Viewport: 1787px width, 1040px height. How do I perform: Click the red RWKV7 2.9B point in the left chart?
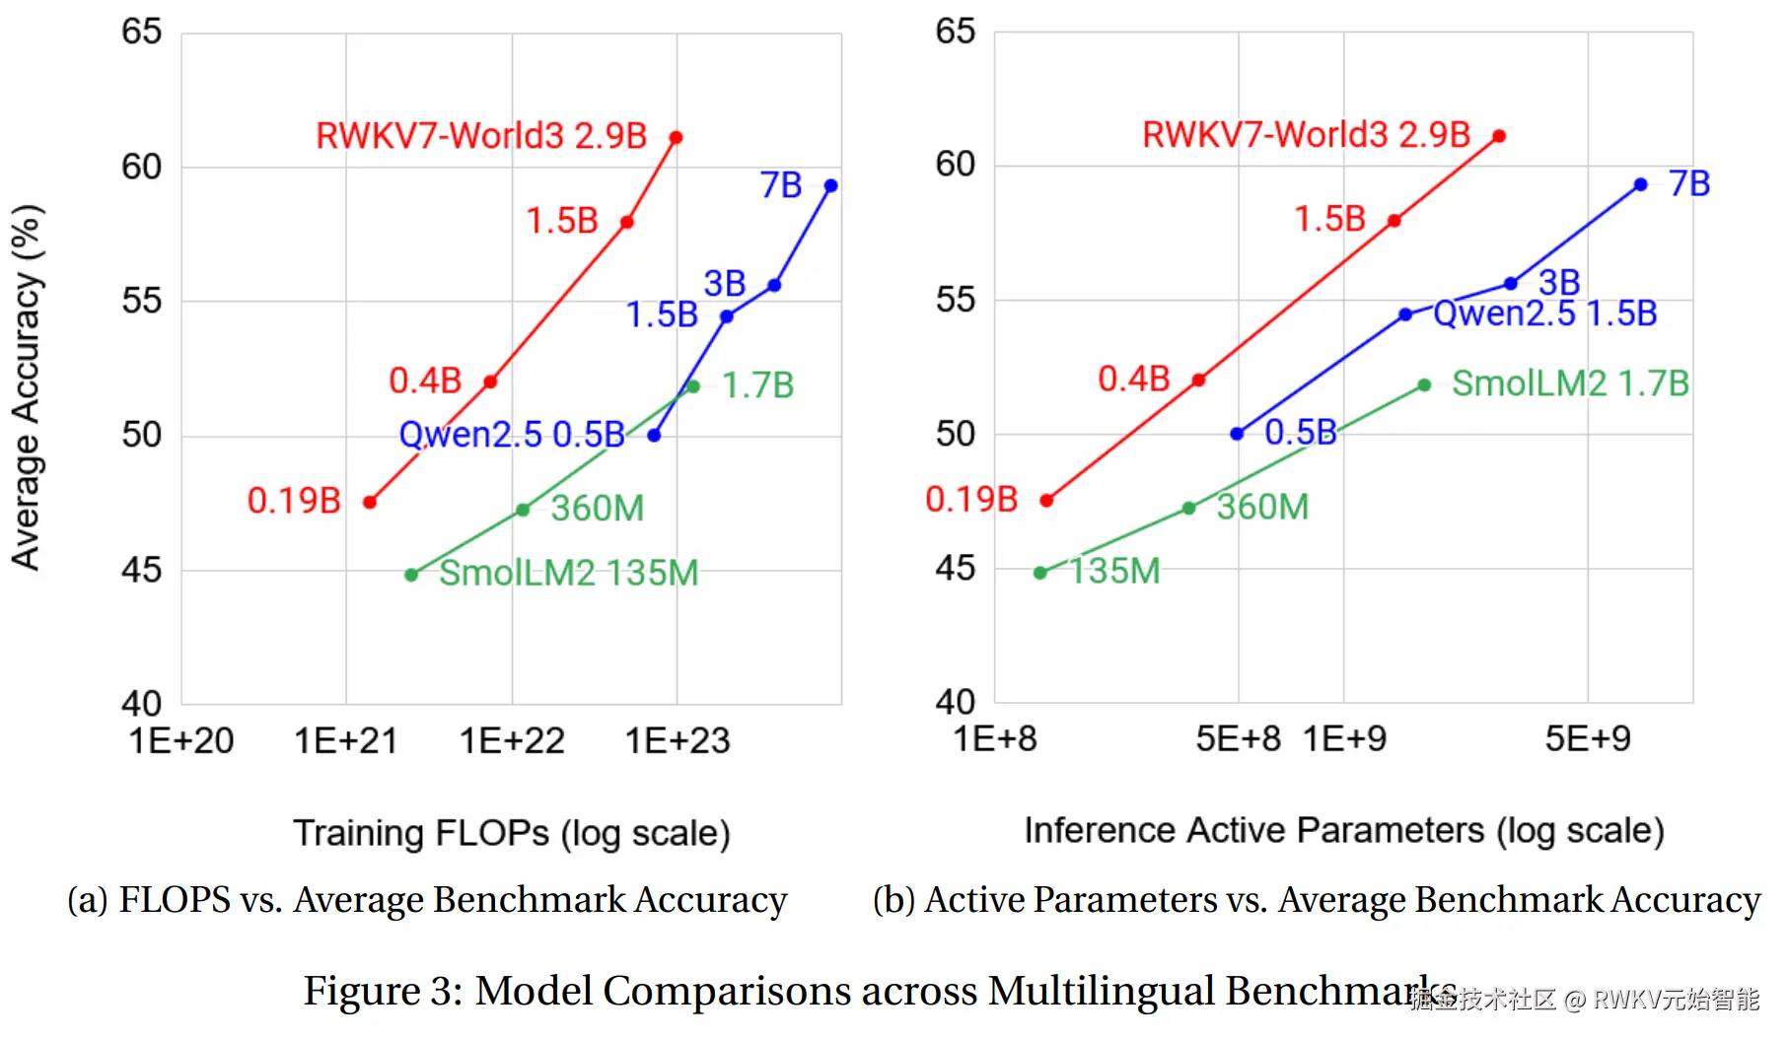(x=676, y=138)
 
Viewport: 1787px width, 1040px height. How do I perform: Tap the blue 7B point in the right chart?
(x=1640, y=184)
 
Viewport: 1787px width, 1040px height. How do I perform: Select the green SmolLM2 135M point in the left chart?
(x=411, y=575)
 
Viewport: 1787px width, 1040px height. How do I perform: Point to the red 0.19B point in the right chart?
(x=1046, y=501)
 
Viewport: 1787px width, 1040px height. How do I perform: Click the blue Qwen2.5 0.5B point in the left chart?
(x=654, y=435)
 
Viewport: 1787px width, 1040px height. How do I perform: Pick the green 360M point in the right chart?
(x=1189, y=509)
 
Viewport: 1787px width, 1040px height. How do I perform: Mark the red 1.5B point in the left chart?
(x=627, y=222)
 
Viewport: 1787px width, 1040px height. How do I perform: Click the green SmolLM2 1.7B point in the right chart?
(x=1424, y=385)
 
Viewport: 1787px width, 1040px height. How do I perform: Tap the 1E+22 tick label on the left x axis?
(x=512, y=741)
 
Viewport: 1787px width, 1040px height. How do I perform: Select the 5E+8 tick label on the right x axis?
(x=1238, y=738)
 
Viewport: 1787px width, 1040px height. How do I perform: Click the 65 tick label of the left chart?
(x=141, y=32)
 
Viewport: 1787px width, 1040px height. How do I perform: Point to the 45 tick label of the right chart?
(x=955, y=568)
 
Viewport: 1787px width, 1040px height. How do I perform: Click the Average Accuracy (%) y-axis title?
(x=27, y=387)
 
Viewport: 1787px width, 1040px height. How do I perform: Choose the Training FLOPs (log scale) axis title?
(x=512, y=834)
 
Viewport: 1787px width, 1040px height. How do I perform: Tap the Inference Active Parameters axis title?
(x=1344, y=831)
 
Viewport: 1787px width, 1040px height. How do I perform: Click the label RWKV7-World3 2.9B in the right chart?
(x=1306, y=135)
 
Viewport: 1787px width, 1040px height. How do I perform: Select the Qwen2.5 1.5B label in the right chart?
(x=1544, y=313)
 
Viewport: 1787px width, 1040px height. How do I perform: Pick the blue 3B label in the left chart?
(x=724, y=284)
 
